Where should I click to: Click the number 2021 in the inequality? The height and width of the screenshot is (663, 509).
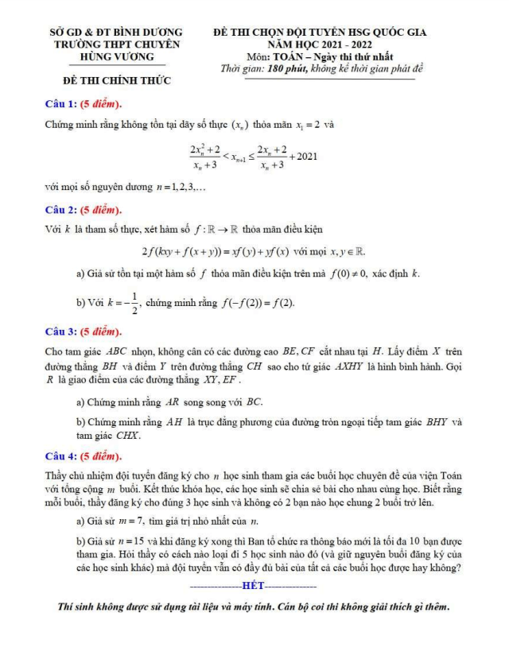[x=305, y=156]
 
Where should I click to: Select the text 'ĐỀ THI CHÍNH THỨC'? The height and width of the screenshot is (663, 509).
[x=117, y=81]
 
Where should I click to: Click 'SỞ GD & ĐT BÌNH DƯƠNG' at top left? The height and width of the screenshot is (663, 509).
[x=116, y=33]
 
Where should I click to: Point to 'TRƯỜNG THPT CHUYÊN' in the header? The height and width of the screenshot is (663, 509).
[x=116, y=45]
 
